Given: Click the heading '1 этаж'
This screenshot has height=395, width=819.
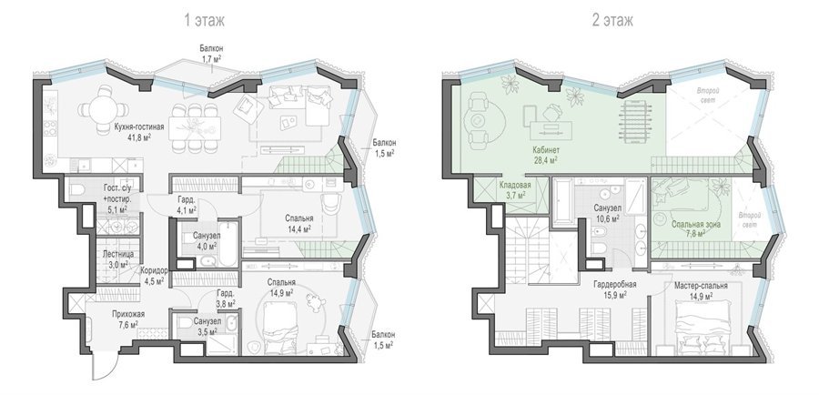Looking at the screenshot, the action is pyautogui.click(x=204, y=20).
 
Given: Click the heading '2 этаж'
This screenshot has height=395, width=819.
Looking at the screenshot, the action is pyautogui.click(x=612, y=20).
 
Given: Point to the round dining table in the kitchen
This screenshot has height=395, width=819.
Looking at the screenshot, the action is pyautogui.click(x=104, y=111).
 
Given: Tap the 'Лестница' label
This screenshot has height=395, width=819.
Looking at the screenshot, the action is pyautogui.click(x=118, y=254).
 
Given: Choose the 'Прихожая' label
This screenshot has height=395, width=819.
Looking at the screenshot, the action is pyautogui.click(x=128, y=314).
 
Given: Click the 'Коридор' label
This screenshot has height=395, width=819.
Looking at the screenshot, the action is pyautogui.click(x=154, y=270).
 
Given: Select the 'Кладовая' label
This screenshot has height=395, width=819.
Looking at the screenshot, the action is pyautogui.click(x=515, y=185).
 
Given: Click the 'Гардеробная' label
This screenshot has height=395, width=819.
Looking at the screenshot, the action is pyautogui.click(x=614, y=285).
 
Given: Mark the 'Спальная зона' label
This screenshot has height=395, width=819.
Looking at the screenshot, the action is pyautogui.click(x=696, y=225).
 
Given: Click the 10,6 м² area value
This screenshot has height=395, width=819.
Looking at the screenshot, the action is pyautogui.click(x=608, y=218).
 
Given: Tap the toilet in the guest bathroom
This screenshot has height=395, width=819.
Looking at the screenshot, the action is pyautogui.click(x=76, y=189).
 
